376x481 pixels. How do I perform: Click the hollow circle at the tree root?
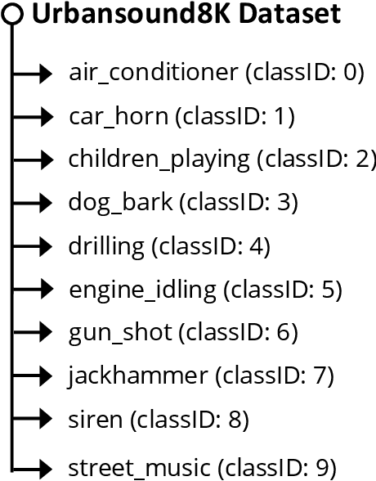(11, 16)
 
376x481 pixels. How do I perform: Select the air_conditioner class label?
(154, 74)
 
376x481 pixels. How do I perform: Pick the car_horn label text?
(119, 117)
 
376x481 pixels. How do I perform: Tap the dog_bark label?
(119, 202)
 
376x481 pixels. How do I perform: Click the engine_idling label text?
(143, 289)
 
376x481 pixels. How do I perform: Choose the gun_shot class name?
(120, 332)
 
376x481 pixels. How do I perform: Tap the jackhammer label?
(138, 375)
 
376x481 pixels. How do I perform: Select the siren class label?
(96, 420)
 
